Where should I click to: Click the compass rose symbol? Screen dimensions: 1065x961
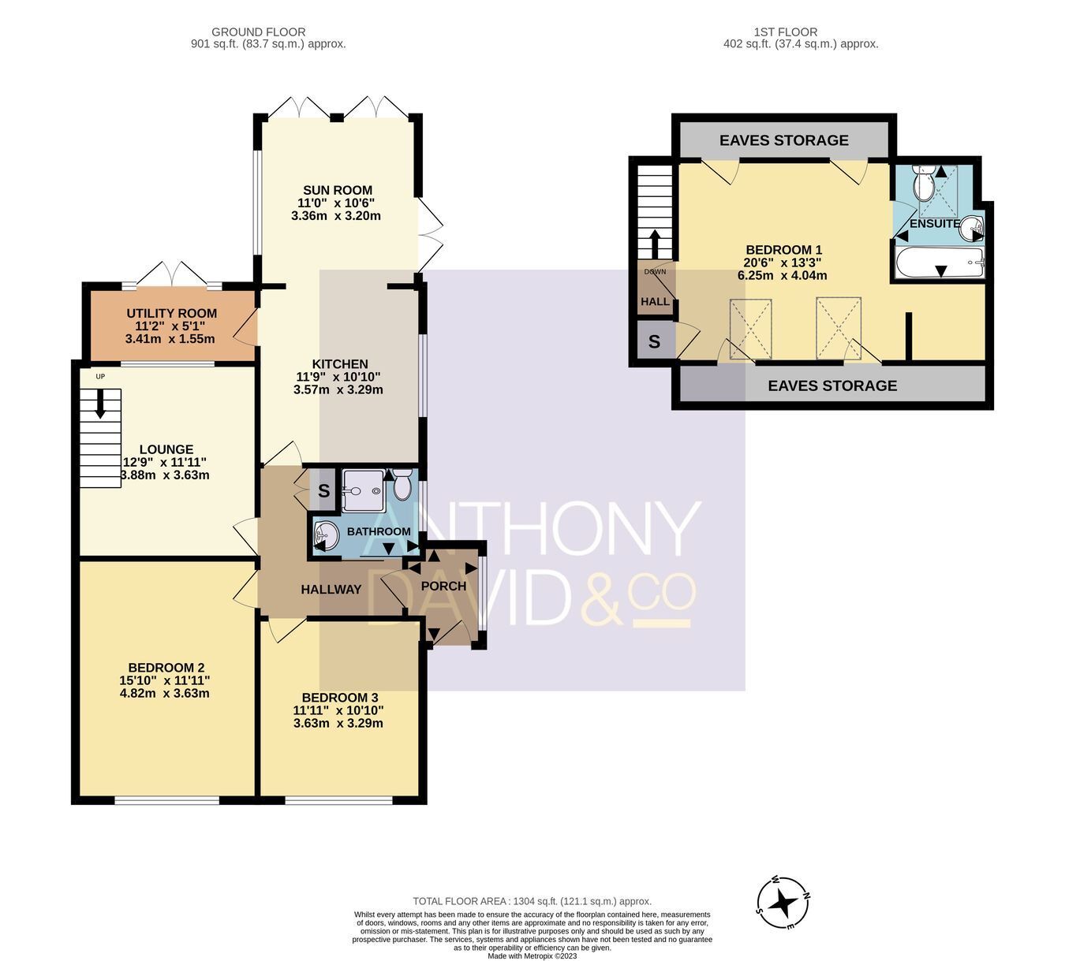[x=783, y=903]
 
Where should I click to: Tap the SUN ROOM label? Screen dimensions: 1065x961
[x=338, y=190]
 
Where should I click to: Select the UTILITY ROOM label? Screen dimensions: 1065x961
[x=171, y=313]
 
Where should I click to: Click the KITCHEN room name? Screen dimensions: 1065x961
[x=340, y=364]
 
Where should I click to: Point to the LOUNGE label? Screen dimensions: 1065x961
[x=166, y=449]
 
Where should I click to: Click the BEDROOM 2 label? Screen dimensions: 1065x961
[x=166, y=668]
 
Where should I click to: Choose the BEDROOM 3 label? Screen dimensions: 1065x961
[x=340, y=697]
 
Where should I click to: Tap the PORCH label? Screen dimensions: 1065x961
[x=443, y=586]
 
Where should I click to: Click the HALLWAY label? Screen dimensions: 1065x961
[x=331, y=589]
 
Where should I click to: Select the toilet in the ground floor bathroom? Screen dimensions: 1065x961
[x=402, y=485]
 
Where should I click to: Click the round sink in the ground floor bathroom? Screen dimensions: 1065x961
[x=326, y=536]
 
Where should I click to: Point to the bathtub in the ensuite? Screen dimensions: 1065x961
[x=940, y=263]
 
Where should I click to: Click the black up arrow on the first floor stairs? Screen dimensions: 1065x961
[x=656, y=244]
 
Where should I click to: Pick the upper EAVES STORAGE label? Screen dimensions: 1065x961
[x=783, y=140]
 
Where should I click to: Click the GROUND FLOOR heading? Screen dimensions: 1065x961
[x=259, y=32]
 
